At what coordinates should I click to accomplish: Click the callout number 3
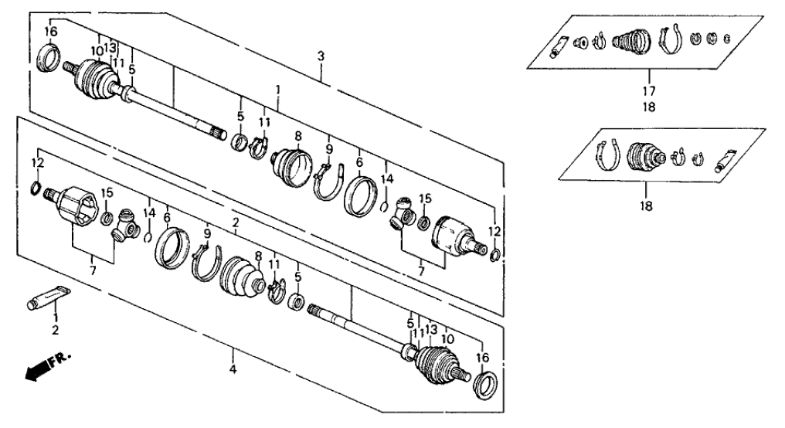321,56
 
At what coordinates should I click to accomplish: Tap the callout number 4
233,369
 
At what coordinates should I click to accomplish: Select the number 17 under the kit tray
649,91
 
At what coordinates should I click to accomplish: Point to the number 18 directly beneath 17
649,107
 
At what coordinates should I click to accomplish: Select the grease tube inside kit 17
559,46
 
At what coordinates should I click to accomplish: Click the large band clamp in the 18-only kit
607,155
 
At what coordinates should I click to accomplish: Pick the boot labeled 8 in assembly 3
292,166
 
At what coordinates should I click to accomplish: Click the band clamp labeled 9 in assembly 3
328,180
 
